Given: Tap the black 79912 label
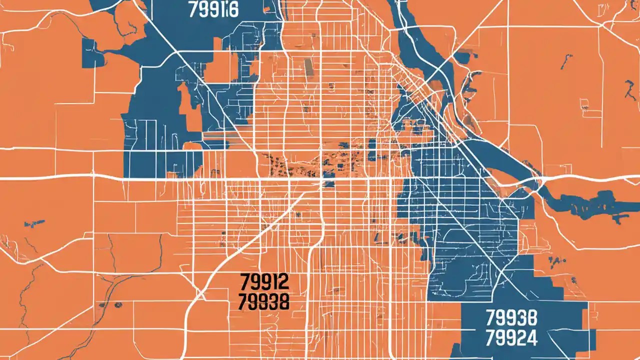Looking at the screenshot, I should (x=264, y=282).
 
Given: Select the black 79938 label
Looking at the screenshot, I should (x=264, y=301).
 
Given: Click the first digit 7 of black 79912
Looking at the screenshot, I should (x=244, y=282).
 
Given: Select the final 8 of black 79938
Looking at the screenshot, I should (x=283, y=301).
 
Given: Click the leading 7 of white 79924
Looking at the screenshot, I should (x=490, y=338).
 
